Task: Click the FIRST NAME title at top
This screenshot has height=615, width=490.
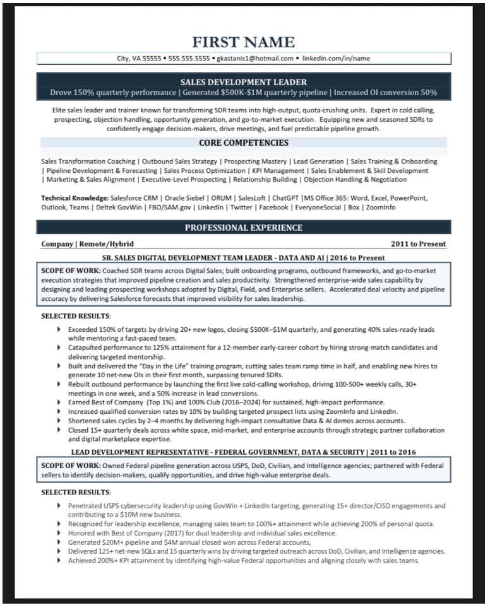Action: coord(243,42)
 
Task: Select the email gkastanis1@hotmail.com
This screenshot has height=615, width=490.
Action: coord(254,59)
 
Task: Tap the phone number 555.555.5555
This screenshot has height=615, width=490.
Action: coord(189,59)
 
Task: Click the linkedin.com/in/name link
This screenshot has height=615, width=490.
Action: coord(336,59)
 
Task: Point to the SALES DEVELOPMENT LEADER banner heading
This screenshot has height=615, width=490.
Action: coord(243,82)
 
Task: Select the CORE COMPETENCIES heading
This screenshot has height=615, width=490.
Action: coord(243,143)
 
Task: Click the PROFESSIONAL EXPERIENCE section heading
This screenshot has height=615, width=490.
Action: coord(243,228)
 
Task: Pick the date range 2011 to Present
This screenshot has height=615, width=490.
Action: coord(418,244)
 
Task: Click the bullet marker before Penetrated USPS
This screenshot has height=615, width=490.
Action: coord(59,505)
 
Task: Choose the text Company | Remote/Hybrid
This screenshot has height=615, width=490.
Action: coord(87,244)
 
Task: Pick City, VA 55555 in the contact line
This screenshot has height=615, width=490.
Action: coord(139,59)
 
